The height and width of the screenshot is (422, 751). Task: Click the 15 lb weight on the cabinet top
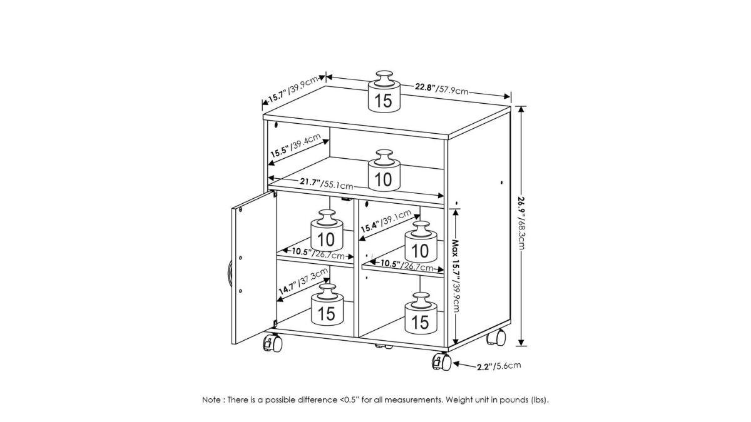[x=384, y=91]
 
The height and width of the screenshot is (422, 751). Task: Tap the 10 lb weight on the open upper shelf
[x=384, y=171]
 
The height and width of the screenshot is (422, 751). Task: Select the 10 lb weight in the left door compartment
[x=327, y=231]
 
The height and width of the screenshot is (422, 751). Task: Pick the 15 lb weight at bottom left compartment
[x=327, y=305]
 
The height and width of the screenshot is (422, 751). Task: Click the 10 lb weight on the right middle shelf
[x=421, y=242]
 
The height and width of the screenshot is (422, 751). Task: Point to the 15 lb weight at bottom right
[x=421, y=313]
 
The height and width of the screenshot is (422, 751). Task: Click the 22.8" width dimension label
[x=442, y=89]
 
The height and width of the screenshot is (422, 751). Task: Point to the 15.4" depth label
[x=386, y=221]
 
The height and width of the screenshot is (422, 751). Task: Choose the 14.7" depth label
[x=303, y=281]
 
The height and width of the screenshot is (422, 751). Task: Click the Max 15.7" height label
[x=456, y=276]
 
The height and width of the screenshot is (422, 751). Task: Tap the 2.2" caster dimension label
[x=499, y=366]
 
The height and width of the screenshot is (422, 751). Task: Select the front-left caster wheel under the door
[x=273, y=343]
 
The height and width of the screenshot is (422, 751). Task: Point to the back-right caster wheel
[x=496, y=337]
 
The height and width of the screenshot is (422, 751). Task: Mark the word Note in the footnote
[x=212, y=400]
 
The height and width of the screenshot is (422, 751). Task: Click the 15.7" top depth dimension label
[x=292, y=89]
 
